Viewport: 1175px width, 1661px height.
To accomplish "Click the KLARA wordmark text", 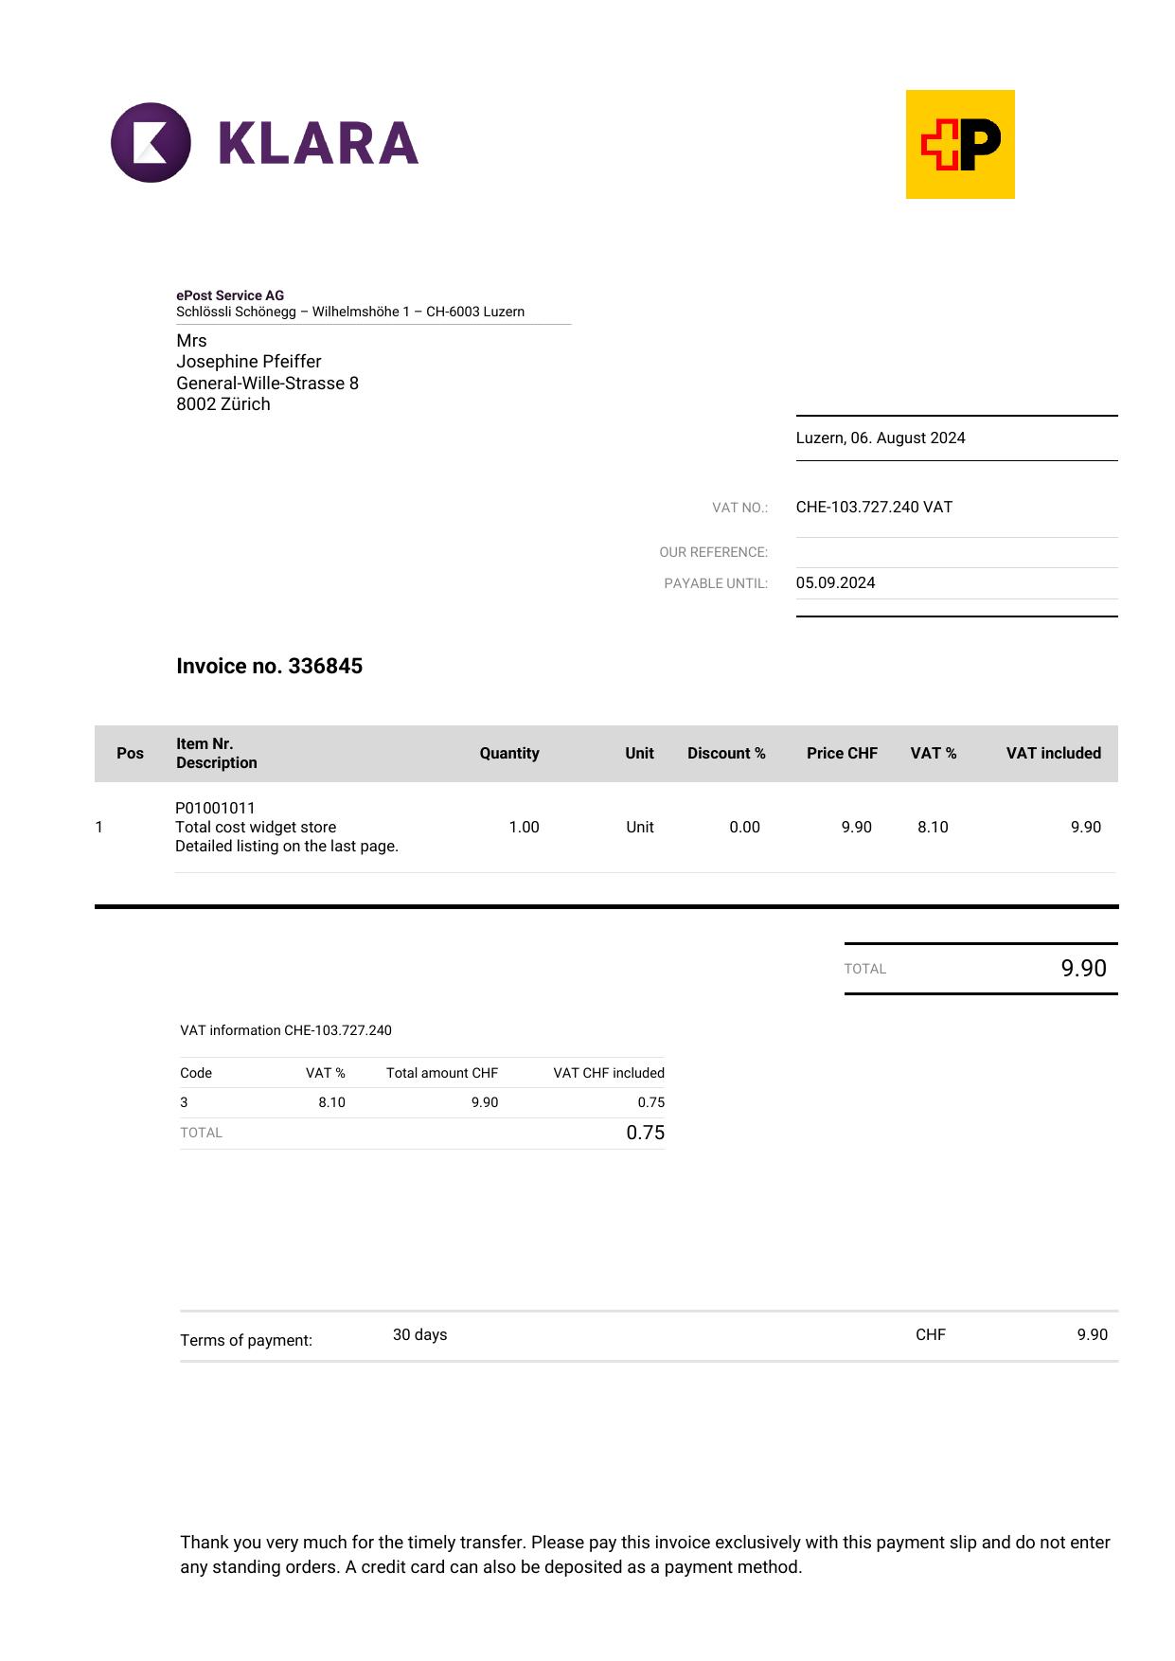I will tap(318, 143).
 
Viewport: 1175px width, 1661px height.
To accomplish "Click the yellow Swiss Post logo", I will tap(959, 144).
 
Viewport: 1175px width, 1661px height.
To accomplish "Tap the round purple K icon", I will tap(151, 143).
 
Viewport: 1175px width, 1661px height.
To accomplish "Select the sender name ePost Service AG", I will tap(230, 295).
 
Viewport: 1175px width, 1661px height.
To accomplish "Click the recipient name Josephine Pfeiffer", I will tap(249, 362).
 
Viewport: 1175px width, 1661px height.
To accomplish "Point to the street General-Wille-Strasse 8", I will tap(267, 384).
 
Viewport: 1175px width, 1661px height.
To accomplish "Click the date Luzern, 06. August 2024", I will tap(880, 438).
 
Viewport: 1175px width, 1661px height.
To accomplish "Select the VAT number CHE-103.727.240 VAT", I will tap(874, 507).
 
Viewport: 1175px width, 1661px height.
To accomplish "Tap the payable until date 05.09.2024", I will tap(835, 582).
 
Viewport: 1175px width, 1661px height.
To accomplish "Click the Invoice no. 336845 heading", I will tap(269, 666).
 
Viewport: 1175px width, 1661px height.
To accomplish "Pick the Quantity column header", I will tap(508, 753).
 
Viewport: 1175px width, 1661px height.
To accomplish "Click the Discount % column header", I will tap(726, 753).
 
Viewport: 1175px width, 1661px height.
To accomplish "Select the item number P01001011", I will tap(215, 808).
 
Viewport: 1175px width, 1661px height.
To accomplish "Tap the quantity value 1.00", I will tap(524, 827).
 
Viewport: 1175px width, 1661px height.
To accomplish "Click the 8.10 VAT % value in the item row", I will tap(933, 827).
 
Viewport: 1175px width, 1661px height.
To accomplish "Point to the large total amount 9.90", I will tap(1083, 968).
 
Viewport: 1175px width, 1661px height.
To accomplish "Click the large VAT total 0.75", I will tap(645, 1133).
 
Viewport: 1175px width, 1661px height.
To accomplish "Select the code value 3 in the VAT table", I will tap(185, 1102).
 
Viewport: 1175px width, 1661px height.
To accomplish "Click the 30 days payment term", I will tap(419, 1334).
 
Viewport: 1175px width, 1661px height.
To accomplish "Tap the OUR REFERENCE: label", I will tap(713, 552).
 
